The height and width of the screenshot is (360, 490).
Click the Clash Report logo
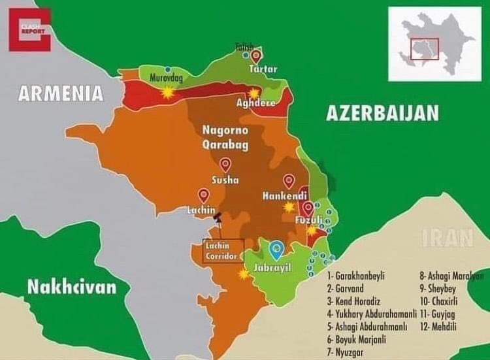[29, 29]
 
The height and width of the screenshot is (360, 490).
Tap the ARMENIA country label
[61, 93]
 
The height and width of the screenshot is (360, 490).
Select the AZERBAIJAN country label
[382, 113]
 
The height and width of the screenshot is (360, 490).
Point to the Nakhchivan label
[72, 286]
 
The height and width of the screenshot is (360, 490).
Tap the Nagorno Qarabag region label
[225, 137]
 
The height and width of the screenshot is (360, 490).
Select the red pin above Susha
[225, 164]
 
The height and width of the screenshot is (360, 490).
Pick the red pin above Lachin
[204, 195]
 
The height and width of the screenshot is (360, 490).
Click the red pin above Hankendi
[288, 181]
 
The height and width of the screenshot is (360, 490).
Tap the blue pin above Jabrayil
[277, 247]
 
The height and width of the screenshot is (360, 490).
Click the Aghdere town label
[255, 104]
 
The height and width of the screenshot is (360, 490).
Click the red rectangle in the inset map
[425, 49]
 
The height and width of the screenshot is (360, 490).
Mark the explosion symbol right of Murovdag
[169, 93]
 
